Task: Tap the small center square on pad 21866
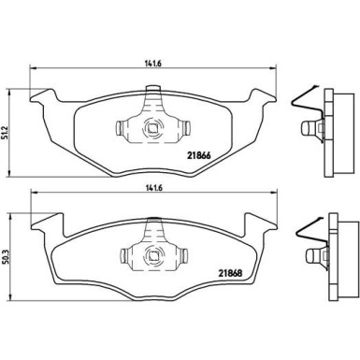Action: pyautogui.click(x=150, y=130)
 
